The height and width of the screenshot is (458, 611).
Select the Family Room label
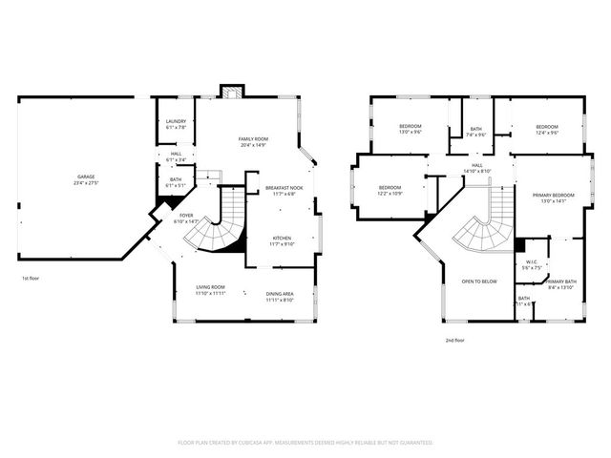(252, 142)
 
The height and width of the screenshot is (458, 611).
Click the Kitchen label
(282, 241)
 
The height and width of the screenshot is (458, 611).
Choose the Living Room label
(210, 290)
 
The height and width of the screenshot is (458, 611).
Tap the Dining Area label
(280, 297)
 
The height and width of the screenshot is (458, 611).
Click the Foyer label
(186, 219)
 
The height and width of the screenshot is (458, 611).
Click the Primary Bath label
(560, 284)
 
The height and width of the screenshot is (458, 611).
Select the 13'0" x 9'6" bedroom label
(411, 129)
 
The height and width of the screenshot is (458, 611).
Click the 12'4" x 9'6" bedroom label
(546, 129)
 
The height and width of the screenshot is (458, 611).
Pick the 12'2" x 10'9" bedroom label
(390, 190)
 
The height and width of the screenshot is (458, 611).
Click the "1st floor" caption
(31, 279)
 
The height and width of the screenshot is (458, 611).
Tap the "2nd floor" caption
(455, 340)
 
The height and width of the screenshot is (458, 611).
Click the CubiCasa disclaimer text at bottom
(305, 443)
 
